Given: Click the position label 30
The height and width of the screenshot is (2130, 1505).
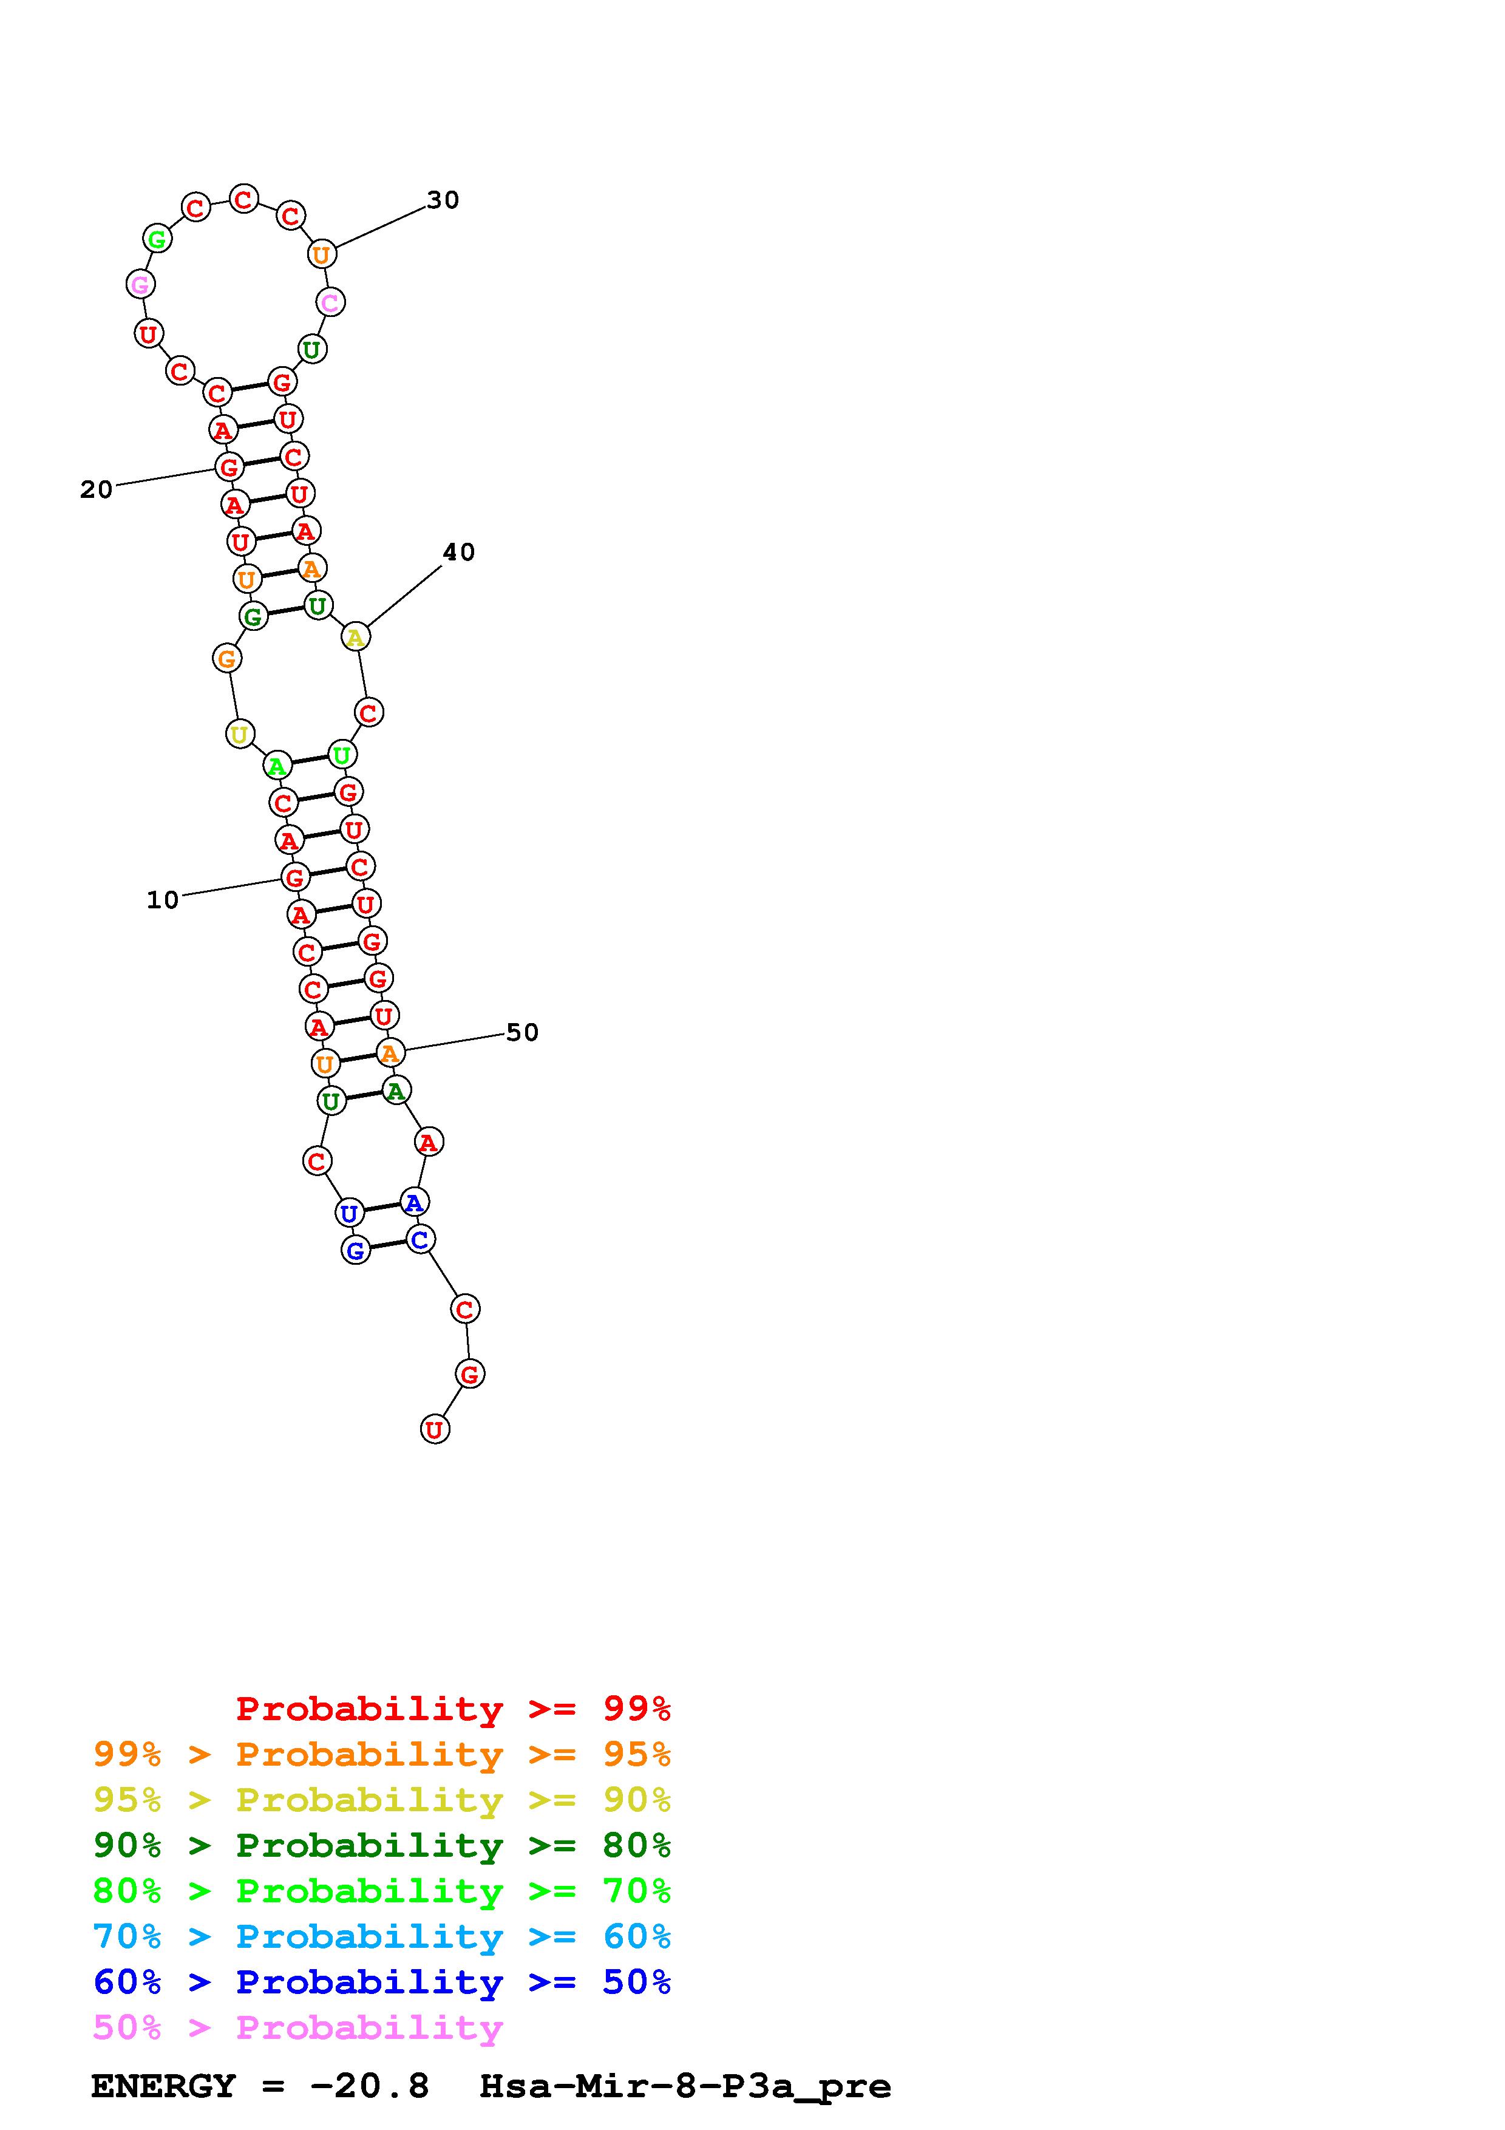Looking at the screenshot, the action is tap(443, 200).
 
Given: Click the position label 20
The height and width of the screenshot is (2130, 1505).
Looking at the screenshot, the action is tap(97, 490).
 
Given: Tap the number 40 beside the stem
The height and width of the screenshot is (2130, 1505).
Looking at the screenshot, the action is tap(459, 553).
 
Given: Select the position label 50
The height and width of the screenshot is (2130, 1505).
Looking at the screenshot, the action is tap(522, 1033).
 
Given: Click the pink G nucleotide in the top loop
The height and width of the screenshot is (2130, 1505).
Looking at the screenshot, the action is tap(140, 285).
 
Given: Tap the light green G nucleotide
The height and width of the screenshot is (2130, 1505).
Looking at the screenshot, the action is tap(158, 239).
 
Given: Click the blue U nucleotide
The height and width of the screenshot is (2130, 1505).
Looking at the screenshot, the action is tap(348, 1213).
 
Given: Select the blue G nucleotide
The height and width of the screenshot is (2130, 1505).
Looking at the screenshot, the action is tap(355, 1251).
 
